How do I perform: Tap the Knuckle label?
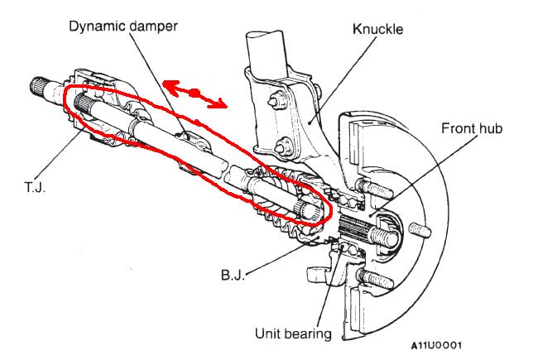[x=377, y=29]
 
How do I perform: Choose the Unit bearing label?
[x=293, y=334]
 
